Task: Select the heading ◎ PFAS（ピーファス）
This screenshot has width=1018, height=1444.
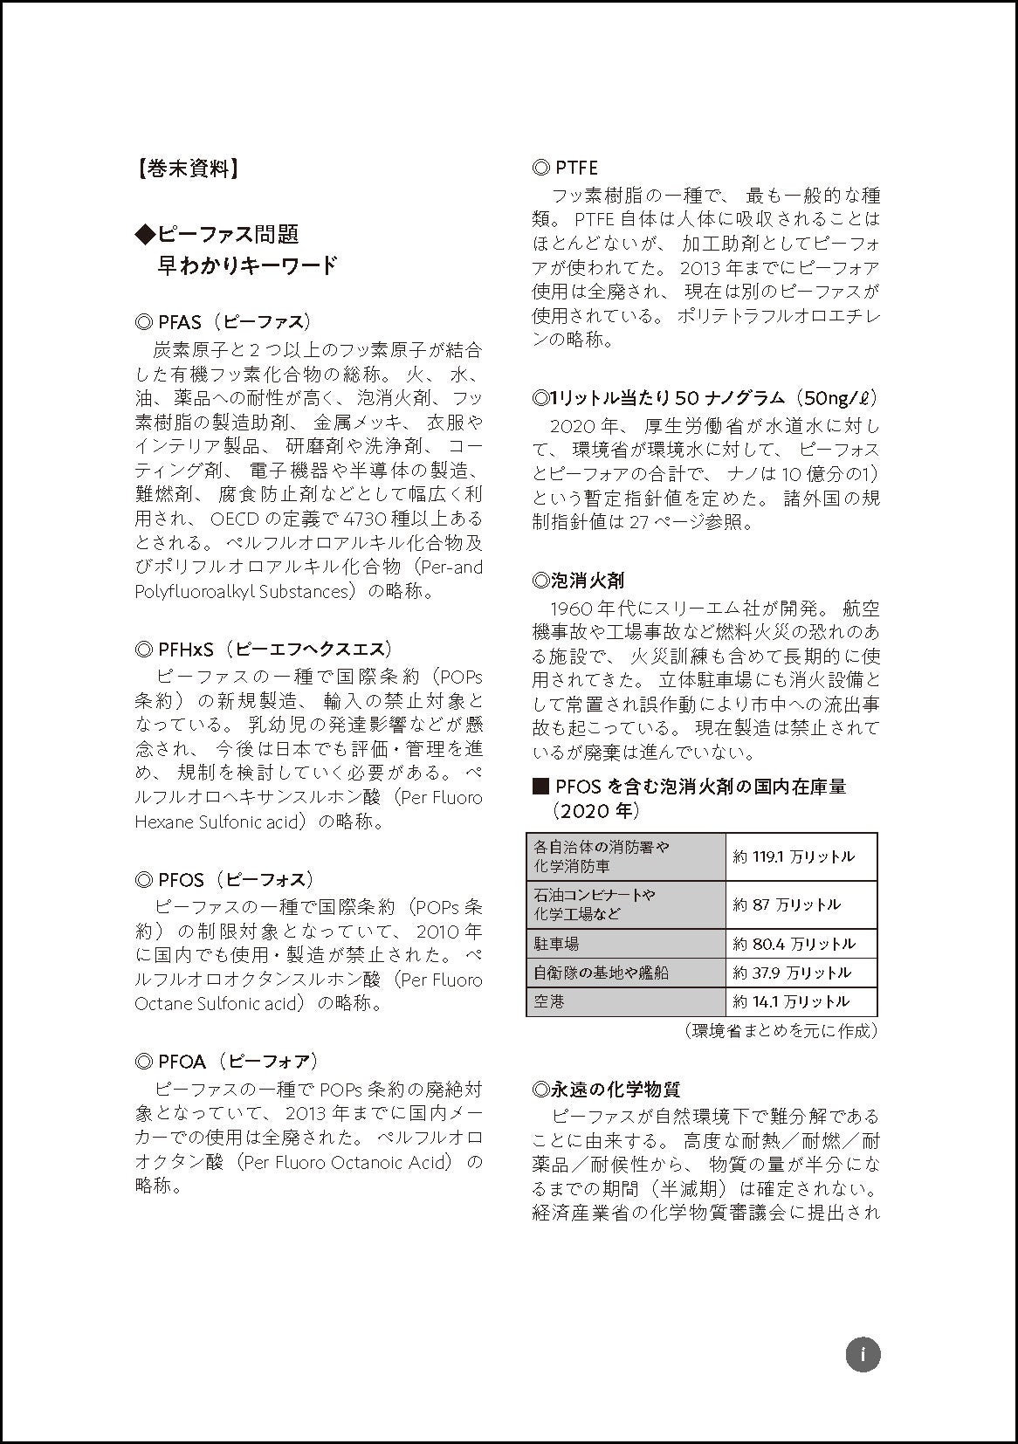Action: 224,321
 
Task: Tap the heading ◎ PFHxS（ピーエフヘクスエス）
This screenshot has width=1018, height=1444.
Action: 264,649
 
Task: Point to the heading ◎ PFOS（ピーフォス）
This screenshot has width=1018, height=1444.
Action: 224,879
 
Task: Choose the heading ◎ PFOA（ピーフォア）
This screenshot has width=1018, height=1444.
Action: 227,1061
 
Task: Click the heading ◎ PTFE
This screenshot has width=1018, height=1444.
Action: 565,167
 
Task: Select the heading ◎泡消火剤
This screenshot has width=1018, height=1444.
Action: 578,580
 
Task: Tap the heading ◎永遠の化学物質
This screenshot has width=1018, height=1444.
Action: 606,1089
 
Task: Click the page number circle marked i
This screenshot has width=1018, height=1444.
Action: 863,1354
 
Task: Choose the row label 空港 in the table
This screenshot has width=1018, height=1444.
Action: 549,1001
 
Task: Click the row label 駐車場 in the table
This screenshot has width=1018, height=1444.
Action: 556,944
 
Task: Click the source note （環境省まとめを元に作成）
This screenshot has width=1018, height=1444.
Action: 781,1030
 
